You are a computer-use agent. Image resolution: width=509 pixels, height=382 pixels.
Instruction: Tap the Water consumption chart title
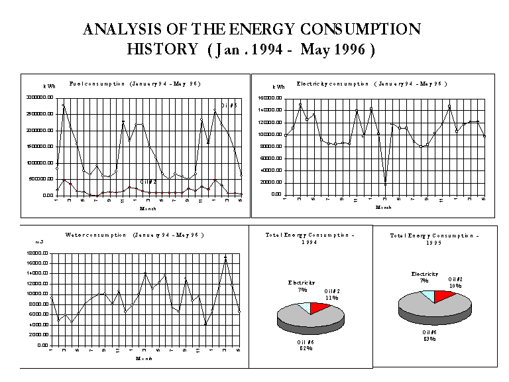click(132, 235)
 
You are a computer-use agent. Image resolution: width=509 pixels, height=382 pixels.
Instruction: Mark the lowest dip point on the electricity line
click(385, 182)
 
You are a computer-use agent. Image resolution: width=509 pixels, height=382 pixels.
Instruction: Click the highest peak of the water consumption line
click(226, 258)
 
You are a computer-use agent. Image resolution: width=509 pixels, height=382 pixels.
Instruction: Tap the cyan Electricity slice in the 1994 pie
click(304, 306)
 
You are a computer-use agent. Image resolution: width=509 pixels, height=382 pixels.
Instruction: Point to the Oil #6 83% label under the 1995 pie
click(429, 336)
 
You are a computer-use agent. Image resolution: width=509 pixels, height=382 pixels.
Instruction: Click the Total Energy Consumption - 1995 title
click(434, 239)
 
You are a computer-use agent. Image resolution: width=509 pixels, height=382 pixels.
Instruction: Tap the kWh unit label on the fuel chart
click(49, 87)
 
